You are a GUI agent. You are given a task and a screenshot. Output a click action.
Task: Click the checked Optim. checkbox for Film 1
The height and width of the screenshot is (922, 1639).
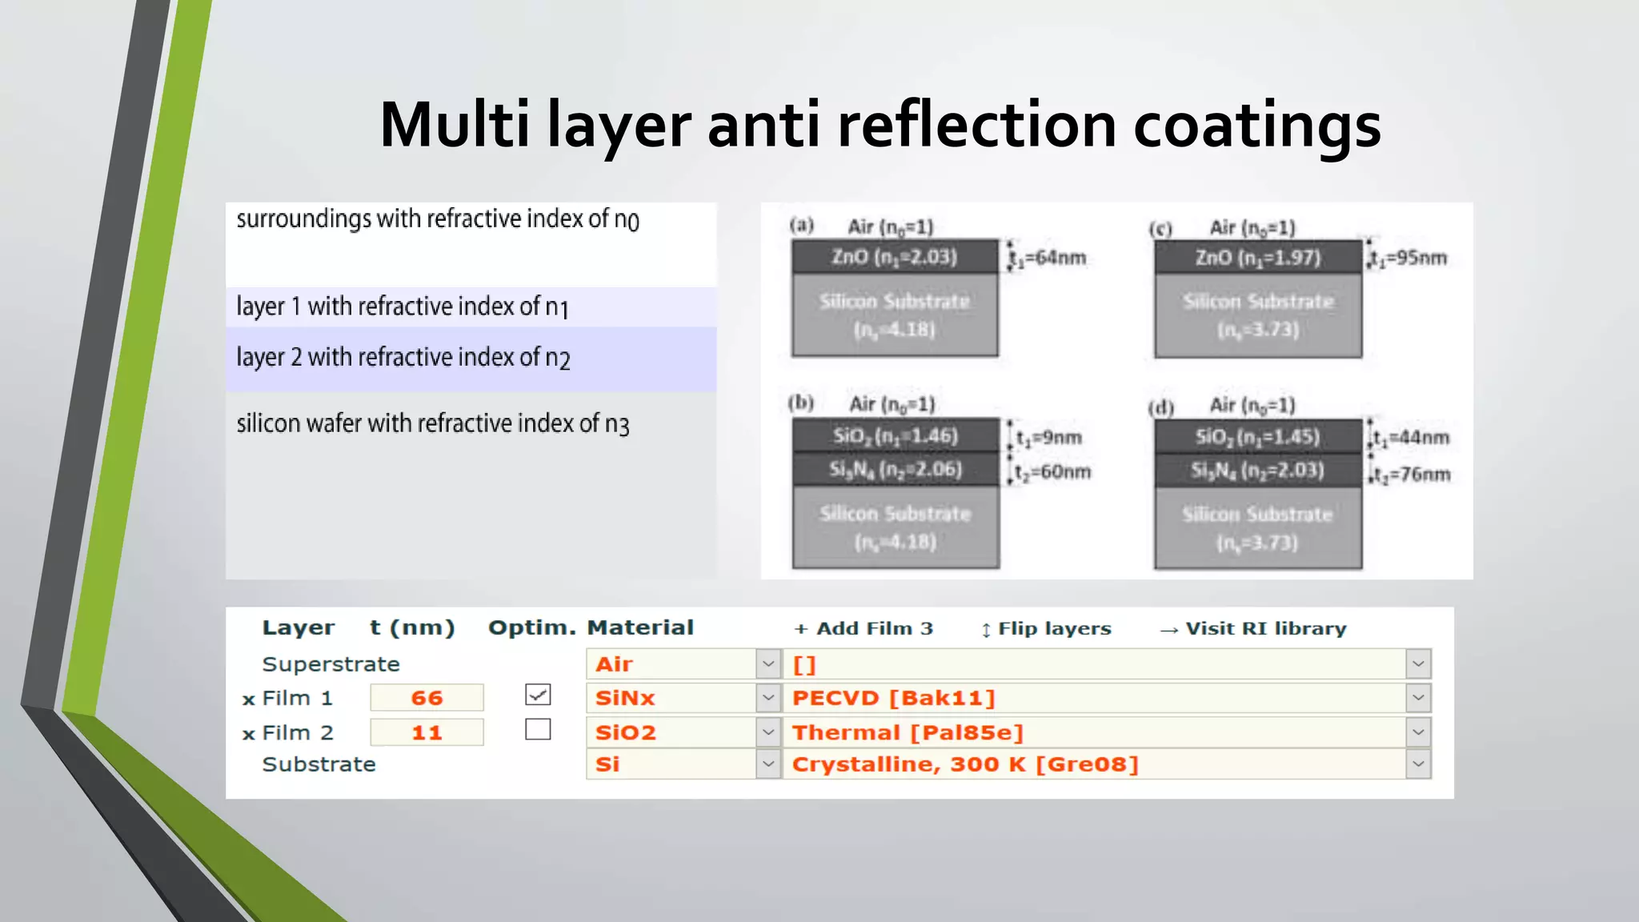538,695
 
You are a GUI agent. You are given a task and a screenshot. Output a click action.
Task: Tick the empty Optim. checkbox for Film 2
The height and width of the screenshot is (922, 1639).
538,729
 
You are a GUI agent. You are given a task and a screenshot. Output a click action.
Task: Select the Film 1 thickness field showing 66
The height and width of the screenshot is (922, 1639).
427,698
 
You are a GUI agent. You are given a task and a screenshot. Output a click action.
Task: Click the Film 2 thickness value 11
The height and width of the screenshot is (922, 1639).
427,732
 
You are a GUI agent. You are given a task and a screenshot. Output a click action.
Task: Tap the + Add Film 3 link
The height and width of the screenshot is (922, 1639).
864,629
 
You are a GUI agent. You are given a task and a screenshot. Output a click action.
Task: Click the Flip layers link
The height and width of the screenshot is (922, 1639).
1046,629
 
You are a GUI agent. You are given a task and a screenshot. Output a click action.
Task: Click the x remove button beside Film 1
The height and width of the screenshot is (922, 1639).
249,700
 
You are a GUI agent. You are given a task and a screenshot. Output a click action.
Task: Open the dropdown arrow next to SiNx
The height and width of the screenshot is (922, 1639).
768,698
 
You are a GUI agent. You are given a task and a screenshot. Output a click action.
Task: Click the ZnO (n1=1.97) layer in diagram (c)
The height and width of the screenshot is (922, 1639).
1257,258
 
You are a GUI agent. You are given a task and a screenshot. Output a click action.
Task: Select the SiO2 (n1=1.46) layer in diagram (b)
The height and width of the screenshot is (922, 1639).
896,436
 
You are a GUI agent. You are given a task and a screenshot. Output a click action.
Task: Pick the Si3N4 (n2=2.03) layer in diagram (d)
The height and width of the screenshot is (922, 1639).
1257,470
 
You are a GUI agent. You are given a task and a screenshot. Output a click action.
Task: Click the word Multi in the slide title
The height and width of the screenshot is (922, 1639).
454,125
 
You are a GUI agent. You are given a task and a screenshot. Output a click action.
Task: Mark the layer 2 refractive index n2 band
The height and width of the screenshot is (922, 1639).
471,358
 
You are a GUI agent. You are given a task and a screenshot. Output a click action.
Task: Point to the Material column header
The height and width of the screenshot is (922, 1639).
640,627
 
